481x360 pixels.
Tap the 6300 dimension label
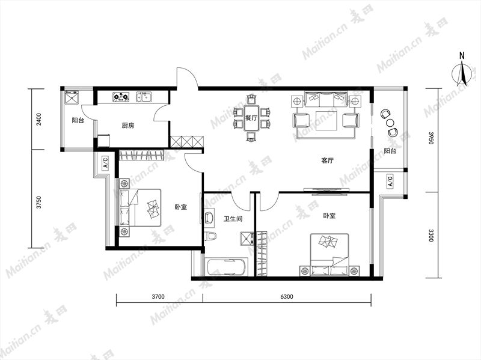tap(287, 296)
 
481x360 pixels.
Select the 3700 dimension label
tap(158, 296)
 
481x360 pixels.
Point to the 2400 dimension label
tap(38, 120)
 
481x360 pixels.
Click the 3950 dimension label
tap(430, 138)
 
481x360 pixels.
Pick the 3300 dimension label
tap(430, 235)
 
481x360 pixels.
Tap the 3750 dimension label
tap(38, 203)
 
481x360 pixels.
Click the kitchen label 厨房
tap(128, 126)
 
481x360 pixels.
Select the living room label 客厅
tap(327, 160)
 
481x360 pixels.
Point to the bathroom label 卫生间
tap(233, 219)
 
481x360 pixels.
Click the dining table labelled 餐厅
tap(251, 118)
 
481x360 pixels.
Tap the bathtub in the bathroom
tap(227, 267)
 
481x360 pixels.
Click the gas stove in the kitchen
tap(121, 97)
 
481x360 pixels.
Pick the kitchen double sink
tap(144, 97)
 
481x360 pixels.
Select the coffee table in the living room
tap(327, 121)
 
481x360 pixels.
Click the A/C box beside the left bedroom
tap(105, 163)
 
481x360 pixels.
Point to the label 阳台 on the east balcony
tap(390, 151)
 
